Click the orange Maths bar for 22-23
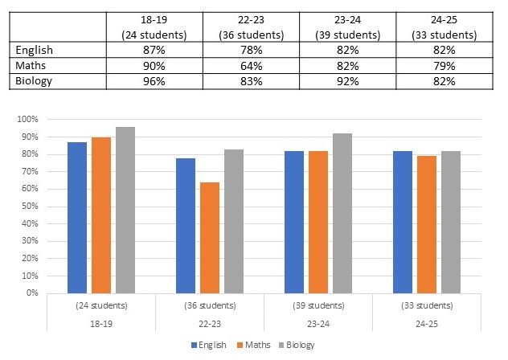210,238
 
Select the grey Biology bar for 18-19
125,210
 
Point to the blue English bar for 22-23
186,226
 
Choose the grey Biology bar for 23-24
342,213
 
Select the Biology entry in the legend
297,345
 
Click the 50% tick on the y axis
29,207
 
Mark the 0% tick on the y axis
31,293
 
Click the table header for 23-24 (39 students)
346,28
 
